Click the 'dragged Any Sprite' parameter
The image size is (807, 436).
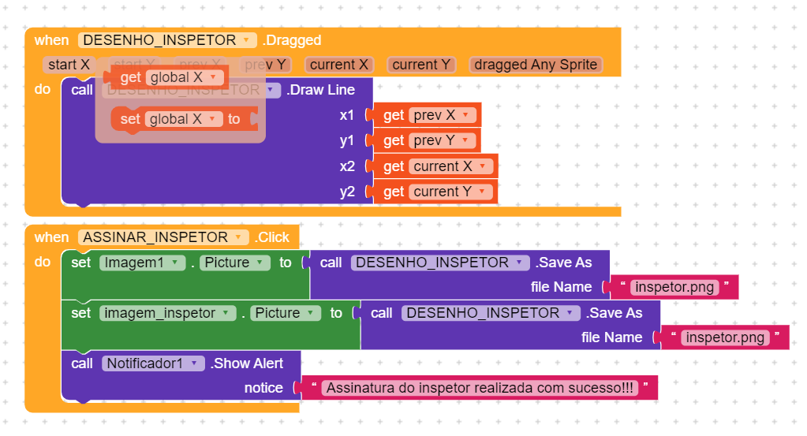[536, 65]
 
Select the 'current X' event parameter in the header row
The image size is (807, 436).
[338, 65]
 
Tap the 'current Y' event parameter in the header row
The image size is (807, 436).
[421, 65]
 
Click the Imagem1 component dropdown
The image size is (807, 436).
[142, 263]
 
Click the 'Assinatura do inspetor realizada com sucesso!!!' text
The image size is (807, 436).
[480, 388]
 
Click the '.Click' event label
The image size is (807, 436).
[272, 237]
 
